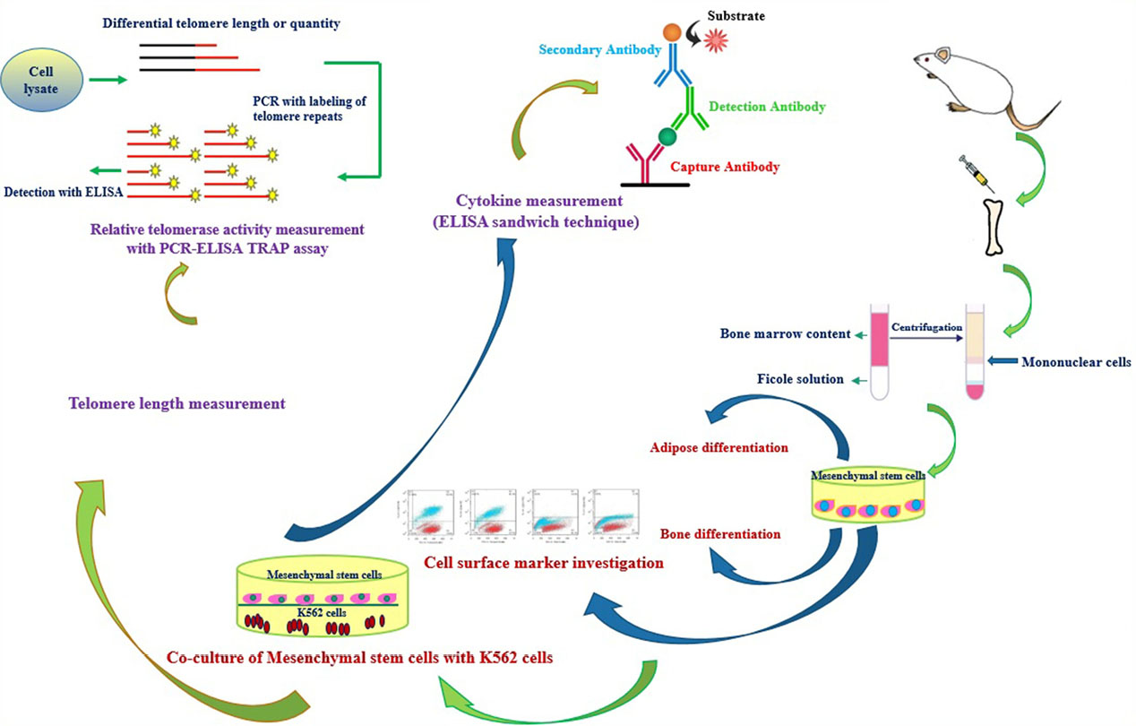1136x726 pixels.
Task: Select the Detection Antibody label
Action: click(x=766, y=107)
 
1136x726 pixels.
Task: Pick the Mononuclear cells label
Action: click(x=1076, y=363)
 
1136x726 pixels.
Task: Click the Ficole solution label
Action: click(x=800, y=379)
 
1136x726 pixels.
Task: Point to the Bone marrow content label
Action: click(x=785, y=334)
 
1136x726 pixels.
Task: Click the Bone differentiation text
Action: click(x=720, y=534)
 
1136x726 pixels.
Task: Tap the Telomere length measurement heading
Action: click(x=176, y=404)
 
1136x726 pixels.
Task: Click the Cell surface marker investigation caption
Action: click(x=544, y=564)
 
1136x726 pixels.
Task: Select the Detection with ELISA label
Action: click(x=63, y=192)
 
